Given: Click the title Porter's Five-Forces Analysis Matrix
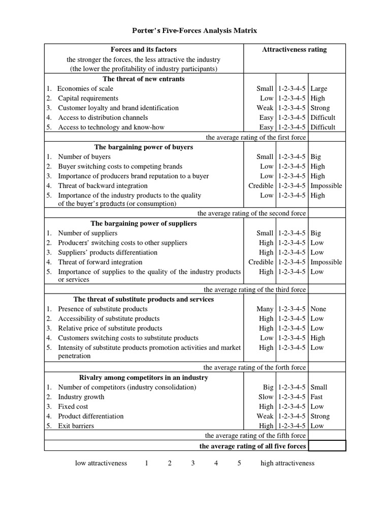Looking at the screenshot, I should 195,30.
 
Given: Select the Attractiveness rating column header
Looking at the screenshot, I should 294,49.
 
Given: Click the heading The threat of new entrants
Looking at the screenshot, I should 144,79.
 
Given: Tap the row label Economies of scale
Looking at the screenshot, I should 85,88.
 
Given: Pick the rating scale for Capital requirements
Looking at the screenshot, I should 292,98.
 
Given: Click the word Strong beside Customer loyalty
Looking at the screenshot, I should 320,108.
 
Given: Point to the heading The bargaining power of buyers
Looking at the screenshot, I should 144,147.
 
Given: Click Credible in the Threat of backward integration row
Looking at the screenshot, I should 261,185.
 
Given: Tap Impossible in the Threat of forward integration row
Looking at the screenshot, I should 326,262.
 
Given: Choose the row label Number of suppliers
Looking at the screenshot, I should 87,233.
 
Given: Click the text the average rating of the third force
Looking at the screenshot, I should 254,289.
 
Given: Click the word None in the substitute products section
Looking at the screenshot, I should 318,309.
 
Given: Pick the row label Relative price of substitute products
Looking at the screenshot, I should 110,328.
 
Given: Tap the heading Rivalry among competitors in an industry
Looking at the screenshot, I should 144,377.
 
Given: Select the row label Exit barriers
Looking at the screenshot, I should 76,426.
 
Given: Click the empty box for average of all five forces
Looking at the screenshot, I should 327,446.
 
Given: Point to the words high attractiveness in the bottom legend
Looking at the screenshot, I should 287,463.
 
